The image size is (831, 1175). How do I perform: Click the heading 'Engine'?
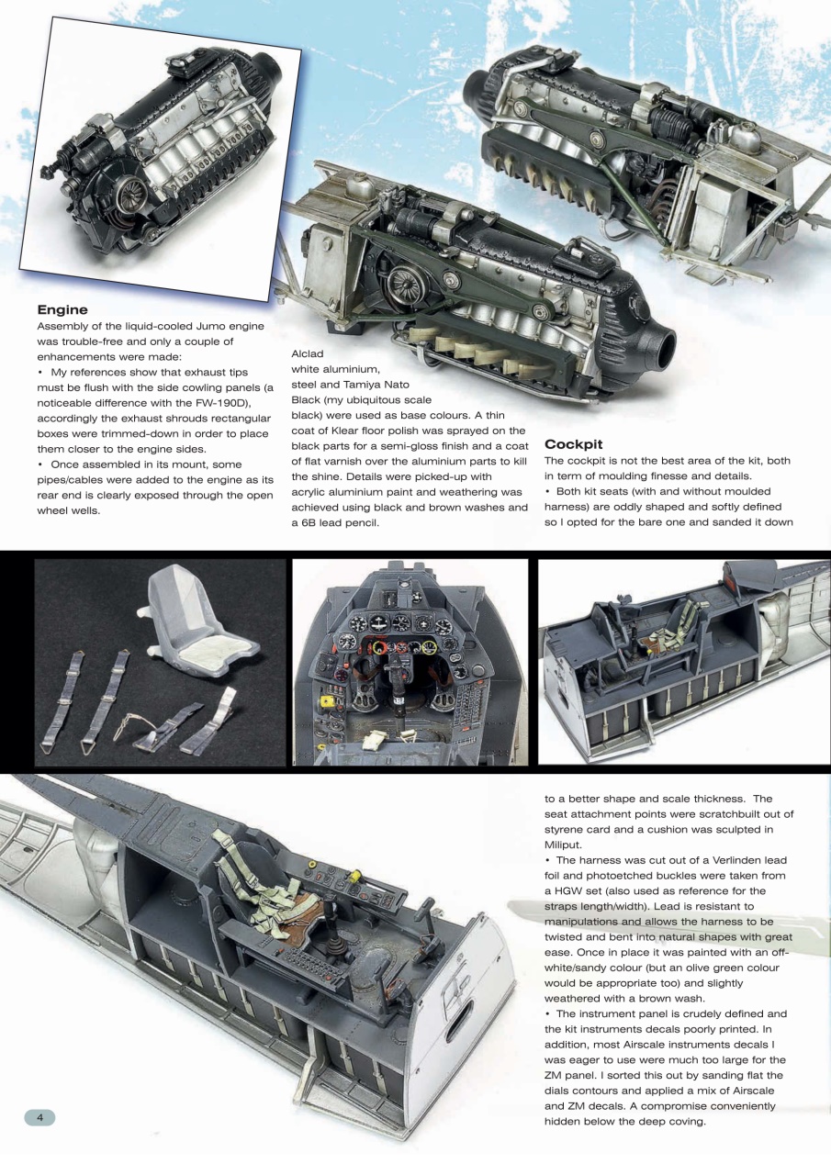click(x=62, y=310)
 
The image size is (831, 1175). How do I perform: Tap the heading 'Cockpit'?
click(x=573, y=444)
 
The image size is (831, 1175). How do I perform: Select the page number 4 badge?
click(x=39, y=1117)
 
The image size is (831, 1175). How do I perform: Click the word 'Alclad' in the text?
click(x=307, y=353)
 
